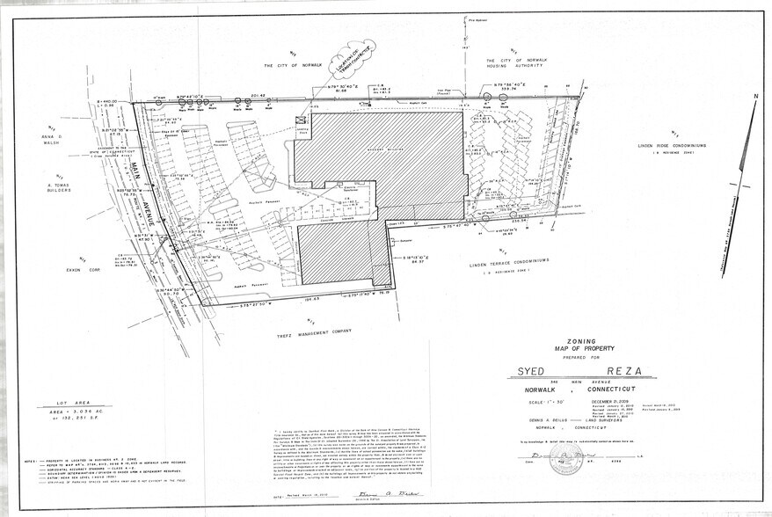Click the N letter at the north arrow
pos(754,95)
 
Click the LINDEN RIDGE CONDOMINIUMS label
pos(644,145)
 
